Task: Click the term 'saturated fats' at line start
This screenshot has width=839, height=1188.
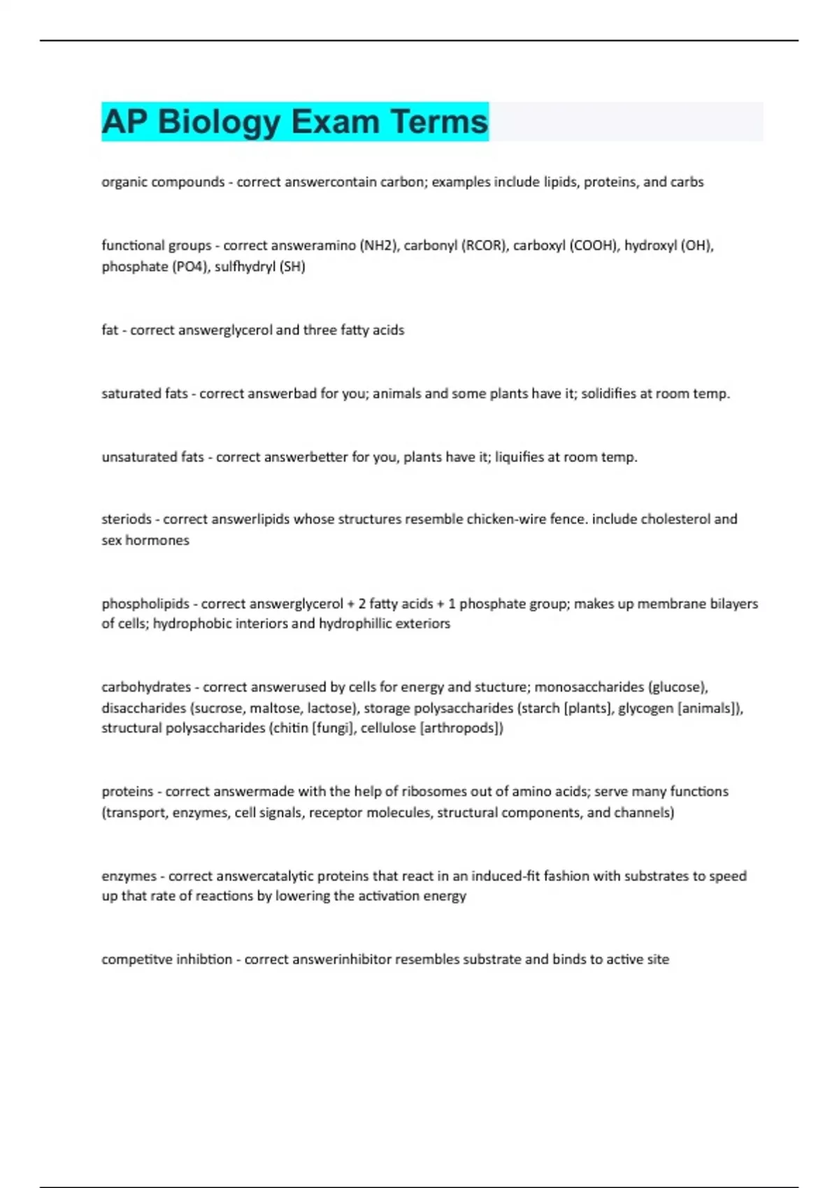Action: pos(145,393)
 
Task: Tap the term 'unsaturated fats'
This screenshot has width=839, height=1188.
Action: pos(152,457)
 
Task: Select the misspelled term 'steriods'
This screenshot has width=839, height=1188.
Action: pos(127,519)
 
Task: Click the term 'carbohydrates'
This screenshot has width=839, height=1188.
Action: pos(146,687)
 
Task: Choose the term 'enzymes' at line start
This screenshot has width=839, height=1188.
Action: pos(129,876)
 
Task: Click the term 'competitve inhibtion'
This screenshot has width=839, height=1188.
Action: pos(166,959)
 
